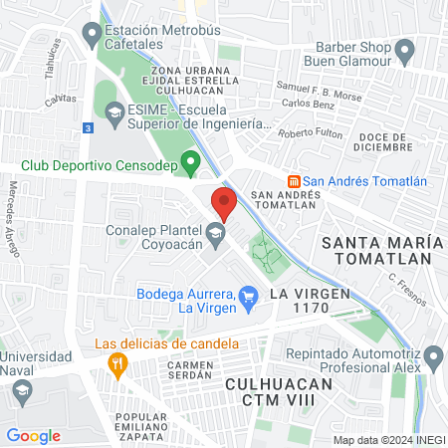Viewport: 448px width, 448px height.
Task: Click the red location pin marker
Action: [x=224, y=202]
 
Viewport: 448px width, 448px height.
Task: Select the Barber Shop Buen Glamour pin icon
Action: [x=404, y=49]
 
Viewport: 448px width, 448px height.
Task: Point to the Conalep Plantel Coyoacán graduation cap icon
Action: [x=215, y=236]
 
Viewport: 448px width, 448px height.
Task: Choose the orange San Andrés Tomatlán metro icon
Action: [x=294, y=181]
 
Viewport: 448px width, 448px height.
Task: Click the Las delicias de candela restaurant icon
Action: [x=118, y=364]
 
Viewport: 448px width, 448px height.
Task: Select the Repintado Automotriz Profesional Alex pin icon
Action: [x=432, y=356]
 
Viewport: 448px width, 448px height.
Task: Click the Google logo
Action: [x=34, y=436]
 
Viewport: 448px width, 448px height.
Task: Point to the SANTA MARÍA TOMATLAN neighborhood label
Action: [x=379, y=249]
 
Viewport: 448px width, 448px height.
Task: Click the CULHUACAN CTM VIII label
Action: [x=284, y=390]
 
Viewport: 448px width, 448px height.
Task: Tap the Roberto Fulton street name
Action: [x=310, y=133]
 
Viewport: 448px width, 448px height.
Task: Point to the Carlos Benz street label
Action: [x=309, y=104]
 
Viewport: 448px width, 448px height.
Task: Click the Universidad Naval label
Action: [x=37, y=363]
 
